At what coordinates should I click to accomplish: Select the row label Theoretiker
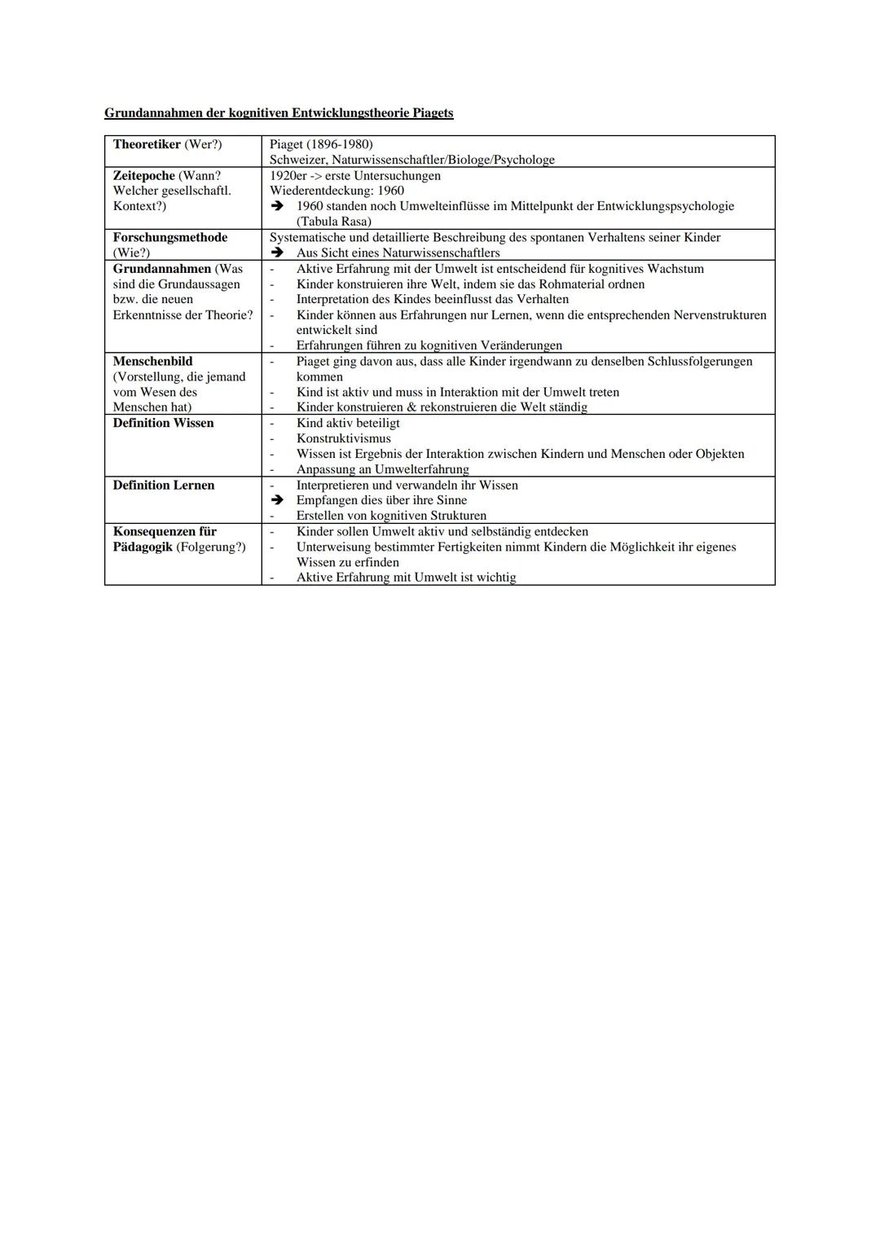tap(147, 144)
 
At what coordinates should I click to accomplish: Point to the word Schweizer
tap(297, 160)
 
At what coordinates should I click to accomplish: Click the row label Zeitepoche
tap(143, 175)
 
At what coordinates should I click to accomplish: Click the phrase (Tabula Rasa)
tap(333, 222)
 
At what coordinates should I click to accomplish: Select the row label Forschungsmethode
tap(170, 237)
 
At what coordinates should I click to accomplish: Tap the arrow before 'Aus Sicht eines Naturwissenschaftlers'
tap(277, 253)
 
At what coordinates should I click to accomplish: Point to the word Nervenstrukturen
tap(719, 315)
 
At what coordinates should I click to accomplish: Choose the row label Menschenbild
tap(152, 361)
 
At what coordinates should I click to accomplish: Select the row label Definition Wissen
tap(163, 423)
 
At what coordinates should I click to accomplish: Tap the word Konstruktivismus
tap(343, 438)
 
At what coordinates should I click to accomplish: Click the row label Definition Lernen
tap(164, 485)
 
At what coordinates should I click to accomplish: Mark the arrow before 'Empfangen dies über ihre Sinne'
tap(277, 500)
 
